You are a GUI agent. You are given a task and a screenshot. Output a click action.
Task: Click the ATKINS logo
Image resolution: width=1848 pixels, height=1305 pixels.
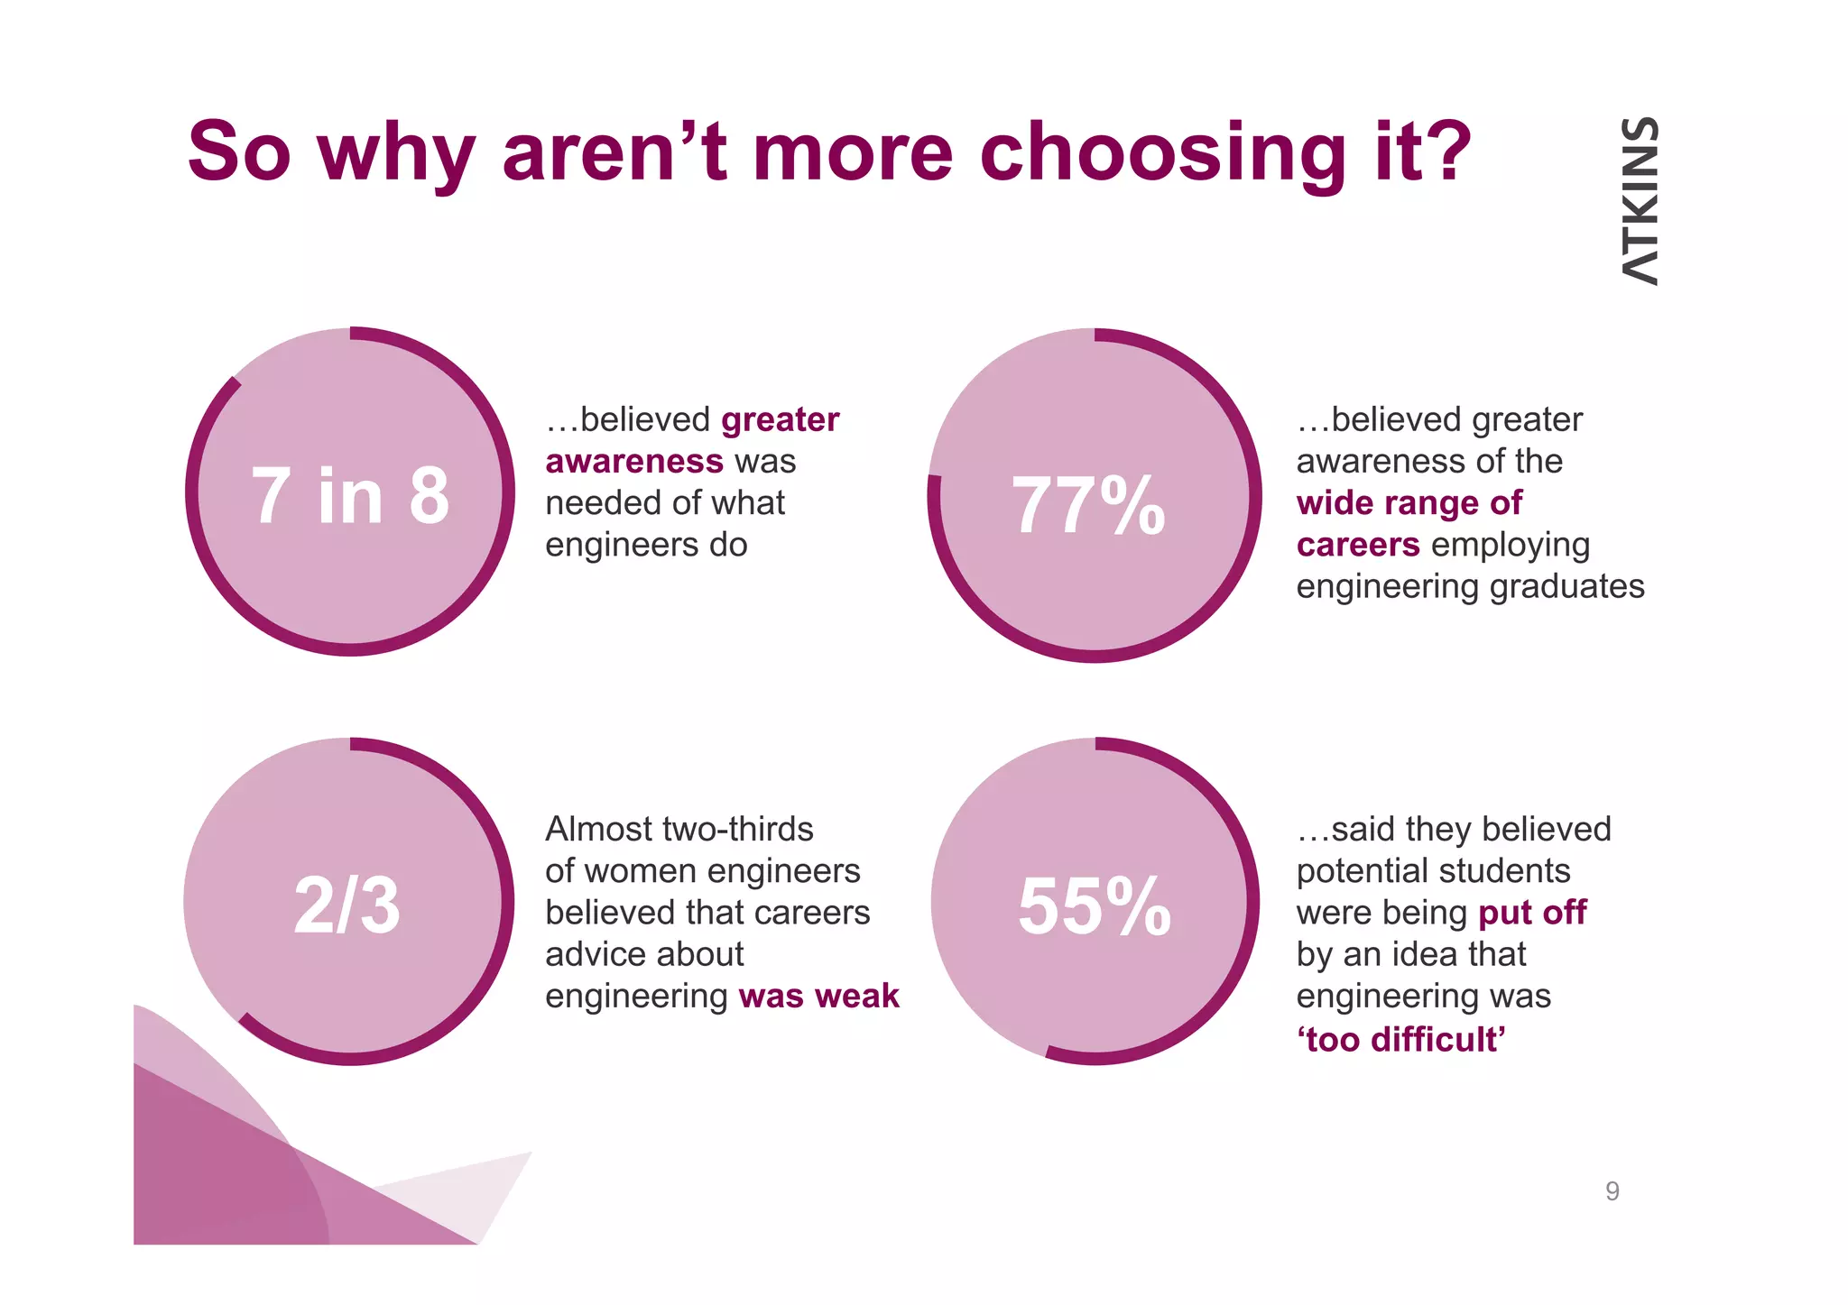point(1640,201)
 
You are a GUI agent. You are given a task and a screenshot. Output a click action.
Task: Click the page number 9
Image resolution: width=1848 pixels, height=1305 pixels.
point(1612,1191)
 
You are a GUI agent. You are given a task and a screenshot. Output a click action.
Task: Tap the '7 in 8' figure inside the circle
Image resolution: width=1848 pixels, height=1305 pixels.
point(350,495)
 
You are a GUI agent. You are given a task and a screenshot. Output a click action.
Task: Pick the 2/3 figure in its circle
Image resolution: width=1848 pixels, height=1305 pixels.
point(346,905)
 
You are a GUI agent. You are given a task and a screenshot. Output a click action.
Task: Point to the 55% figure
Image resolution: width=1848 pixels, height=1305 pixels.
point(1094,906)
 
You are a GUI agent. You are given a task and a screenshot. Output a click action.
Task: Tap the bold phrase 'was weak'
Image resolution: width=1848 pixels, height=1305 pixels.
point(818,996)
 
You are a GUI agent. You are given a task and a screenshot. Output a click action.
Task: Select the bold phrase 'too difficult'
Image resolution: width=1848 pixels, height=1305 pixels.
point(1401,1039)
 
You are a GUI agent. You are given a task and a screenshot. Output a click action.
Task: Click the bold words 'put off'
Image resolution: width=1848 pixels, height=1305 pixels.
point(1532,913)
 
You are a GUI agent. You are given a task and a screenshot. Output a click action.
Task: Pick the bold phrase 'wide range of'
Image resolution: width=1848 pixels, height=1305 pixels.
point(1409,503)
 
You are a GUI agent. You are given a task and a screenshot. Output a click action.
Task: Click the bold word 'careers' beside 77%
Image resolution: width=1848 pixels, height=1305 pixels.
point(1358,545)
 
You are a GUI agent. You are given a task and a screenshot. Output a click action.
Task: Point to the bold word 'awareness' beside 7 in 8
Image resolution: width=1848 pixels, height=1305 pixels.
point(633,462)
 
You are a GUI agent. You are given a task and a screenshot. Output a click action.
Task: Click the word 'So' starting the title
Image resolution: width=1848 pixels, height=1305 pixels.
point(239,152)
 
